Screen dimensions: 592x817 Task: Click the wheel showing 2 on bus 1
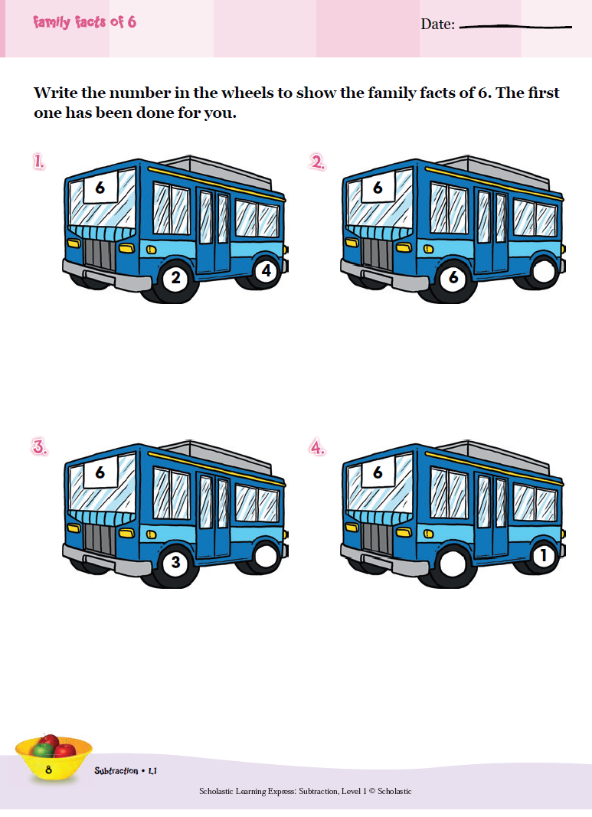click(x=175, y=278)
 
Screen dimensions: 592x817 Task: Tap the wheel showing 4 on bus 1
click(x=267, y=271)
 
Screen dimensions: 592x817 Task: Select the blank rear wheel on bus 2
click(x=544, y=271)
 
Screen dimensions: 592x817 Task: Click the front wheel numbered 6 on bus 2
click(x=453, y=278)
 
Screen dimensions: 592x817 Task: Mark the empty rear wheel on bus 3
click(x=267, y=556)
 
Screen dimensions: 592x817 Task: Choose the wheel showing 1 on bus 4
click(x=544, y=556)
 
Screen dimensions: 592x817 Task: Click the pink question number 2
click(x=317, y=163)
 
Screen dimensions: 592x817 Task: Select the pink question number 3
click(x=40, y=448)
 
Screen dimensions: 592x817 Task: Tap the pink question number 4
click(x=317, y=448)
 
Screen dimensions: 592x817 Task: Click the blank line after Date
click(x=515, y=27)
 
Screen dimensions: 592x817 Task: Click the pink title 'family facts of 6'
click(x=84, y=22)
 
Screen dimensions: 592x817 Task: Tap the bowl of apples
click(x=53, y=757)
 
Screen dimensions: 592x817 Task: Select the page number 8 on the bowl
click(x=48, y=770)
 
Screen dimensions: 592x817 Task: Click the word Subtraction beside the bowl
click(x=116, y=770)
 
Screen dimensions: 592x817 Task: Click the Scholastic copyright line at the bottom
click(x=306, y=791)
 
